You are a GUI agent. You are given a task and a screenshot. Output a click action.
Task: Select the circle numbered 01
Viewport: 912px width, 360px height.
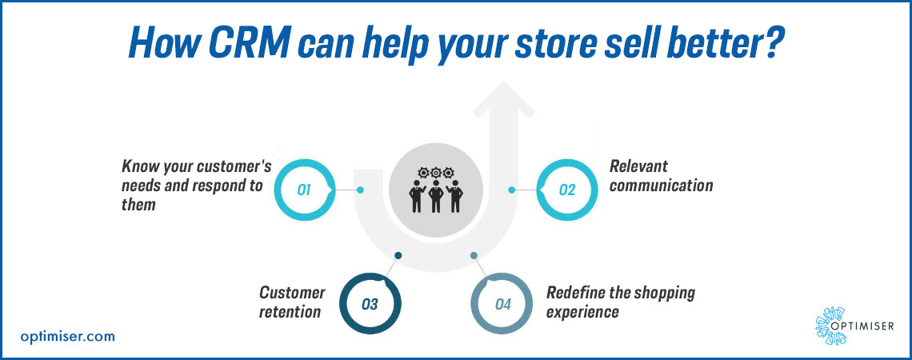(x=305, y=190)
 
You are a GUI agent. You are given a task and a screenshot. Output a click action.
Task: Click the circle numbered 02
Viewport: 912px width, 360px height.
(x=566, y=190)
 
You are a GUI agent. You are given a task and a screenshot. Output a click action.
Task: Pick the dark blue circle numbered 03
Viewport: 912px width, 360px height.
(x=370, y=303)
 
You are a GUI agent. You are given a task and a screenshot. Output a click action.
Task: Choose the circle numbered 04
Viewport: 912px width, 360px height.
(x=502, y=303)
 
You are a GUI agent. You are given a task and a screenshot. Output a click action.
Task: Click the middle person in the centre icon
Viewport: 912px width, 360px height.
(x=436, y=196)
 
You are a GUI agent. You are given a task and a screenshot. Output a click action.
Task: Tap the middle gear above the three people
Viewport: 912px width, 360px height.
(x=436, y=172)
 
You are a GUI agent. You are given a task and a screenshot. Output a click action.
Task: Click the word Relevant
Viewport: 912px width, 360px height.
(x=638, y=166)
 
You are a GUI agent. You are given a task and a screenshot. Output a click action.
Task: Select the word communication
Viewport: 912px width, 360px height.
(x=661, y=186)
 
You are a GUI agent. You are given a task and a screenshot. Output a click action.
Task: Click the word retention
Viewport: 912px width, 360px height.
(x=290, y=312)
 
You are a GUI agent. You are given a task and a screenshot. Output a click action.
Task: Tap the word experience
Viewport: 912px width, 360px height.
(x=582, y=312)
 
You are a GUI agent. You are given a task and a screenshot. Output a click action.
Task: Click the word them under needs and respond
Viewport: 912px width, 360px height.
(x=138, y=204)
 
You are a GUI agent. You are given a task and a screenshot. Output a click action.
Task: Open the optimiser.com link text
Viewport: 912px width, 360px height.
(x=67, y=336)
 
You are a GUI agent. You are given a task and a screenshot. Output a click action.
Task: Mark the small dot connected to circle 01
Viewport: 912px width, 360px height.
(x=360, y=190)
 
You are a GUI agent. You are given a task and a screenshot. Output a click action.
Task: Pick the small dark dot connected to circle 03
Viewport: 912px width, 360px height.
(x=398, y=255)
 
